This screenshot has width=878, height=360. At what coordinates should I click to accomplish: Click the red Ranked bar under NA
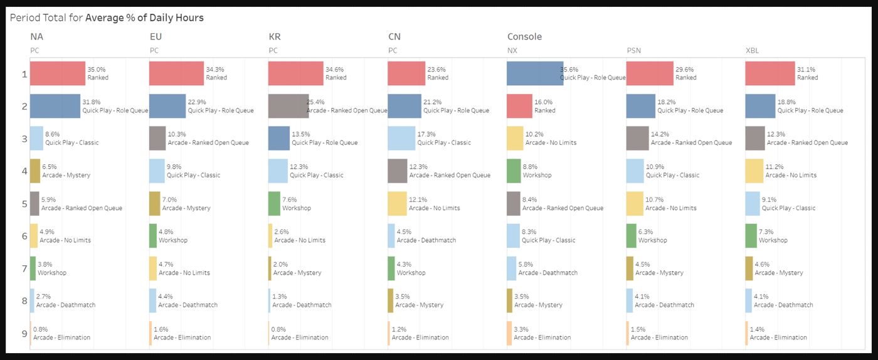click(57, 73)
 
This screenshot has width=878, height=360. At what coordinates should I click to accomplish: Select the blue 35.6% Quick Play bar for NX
click(535, 73)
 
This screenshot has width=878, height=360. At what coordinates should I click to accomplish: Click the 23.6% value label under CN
click(436, 70)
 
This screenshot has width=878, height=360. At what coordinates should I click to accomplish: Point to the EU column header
click(156, 36)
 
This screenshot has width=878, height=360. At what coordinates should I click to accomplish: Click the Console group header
click(524, 36)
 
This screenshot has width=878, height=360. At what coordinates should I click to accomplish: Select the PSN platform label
click(634, 50)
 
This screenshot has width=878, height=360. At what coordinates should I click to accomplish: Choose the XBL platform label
click(753, 50)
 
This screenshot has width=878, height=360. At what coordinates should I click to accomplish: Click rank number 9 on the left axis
click(24, 333)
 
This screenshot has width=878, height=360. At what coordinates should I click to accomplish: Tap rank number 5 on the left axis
click(24, 203)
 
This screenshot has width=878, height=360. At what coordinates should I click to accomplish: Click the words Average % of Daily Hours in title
click(144, 18)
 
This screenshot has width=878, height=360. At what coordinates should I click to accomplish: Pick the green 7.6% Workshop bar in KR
click(274, 203)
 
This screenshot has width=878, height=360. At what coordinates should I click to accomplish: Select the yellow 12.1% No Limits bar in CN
click(397, 203)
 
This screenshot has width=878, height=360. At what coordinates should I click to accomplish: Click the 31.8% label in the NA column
click(91, 102)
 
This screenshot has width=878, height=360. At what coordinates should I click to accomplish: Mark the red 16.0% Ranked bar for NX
click(520, 106)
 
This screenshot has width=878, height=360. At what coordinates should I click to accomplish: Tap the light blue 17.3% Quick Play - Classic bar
click(401, 139)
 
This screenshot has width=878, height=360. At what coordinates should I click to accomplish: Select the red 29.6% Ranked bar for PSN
click(650, 73)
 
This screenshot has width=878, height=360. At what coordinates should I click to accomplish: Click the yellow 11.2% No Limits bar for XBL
click(754, 171)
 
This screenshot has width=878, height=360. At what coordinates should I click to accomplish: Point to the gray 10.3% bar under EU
click(157, 139)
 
